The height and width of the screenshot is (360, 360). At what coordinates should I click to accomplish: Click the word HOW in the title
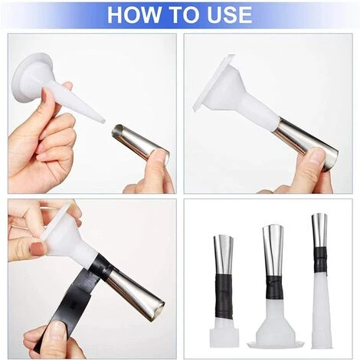tap(133, 15)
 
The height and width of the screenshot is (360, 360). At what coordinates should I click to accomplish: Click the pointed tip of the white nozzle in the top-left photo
tap(103, 119)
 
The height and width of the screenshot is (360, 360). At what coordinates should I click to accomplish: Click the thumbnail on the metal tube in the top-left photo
tap(161, 155)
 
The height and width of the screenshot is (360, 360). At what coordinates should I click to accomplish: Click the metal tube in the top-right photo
tap(306, 144)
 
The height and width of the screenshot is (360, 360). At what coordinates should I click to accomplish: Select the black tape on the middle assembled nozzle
tap(273, 286)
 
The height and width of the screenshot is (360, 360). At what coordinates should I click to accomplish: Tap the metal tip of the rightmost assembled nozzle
tap(320, 230)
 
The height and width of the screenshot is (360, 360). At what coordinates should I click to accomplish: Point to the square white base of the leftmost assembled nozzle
tap(224, 338)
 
